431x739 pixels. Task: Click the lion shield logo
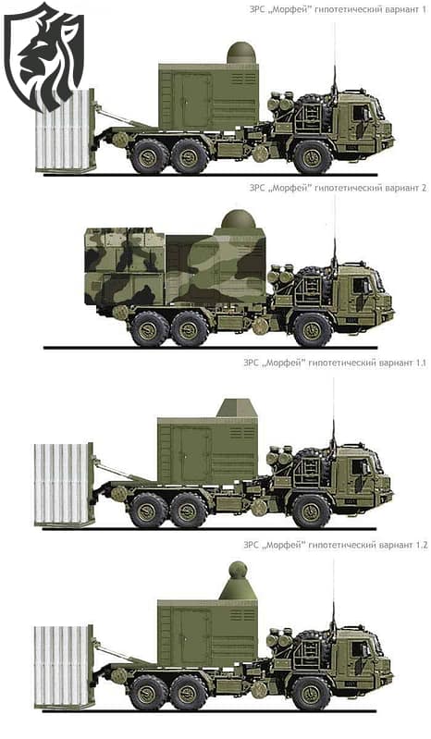pos(43,55)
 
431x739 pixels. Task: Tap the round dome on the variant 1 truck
pos(240,53)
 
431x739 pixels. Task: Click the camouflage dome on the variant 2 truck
pos(238,221)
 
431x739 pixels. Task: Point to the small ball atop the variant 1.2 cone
pos(238,569)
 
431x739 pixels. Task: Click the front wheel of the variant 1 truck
pos(313,155)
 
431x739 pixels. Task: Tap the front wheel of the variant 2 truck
pos(312,328)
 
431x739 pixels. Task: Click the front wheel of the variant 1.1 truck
pos(311,510)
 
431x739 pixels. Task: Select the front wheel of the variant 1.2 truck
pos(311,691)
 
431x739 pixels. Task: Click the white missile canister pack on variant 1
pos(65,131)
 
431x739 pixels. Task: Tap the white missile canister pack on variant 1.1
pos(64,484)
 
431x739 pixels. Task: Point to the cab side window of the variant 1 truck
pos(359,111)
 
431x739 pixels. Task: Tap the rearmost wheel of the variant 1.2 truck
pos(148,691)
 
